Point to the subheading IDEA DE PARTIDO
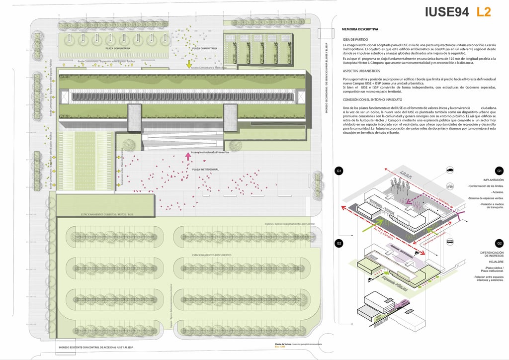tap(355, 39)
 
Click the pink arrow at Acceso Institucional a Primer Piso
tap(188, 157)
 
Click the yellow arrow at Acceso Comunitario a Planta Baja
tap(189, 63)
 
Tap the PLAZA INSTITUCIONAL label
tap(205, 170)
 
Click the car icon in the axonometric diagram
tap(450, 171)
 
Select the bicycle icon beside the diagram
tap(450, 186)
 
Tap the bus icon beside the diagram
tap(450, 242)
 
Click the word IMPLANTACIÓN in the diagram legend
tap(493, 180)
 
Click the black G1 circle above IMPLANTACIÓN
tap(499, 171)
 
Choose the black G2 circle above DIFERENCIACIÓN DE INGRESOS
tap(499, 243)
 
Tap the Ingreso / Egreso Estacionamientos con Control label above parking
tap(290, 224)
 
